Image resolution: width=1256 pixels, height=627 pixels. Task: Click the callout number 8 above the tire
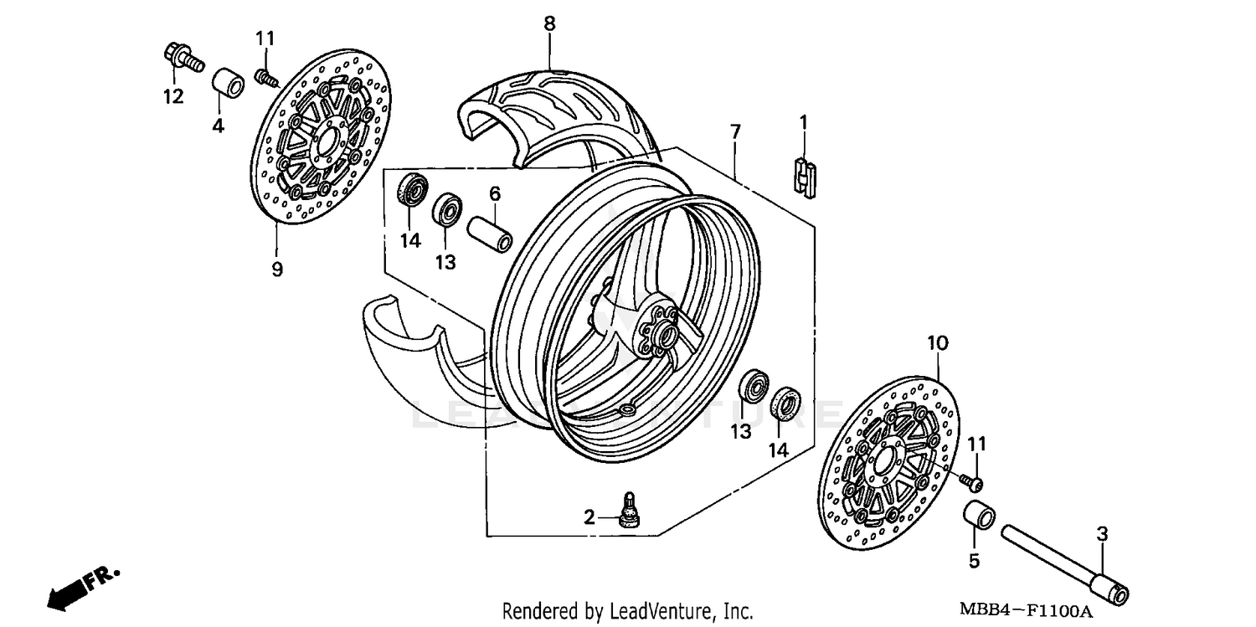click(549, 23)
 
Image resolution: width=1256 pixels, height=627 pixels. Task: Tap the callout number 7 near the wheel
click(734, 132)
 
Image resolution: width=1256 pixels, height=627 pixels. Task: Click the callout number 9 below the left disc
click(276, 269)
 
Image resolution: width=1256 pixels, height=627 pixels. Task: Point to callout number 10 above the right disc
click(937, 342)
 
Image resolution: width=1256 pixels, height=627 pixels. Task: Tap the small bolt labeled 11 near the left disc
click(266, 76)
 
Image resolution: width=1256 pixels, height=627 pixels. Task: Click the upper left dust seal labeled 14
click(412, 188)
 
